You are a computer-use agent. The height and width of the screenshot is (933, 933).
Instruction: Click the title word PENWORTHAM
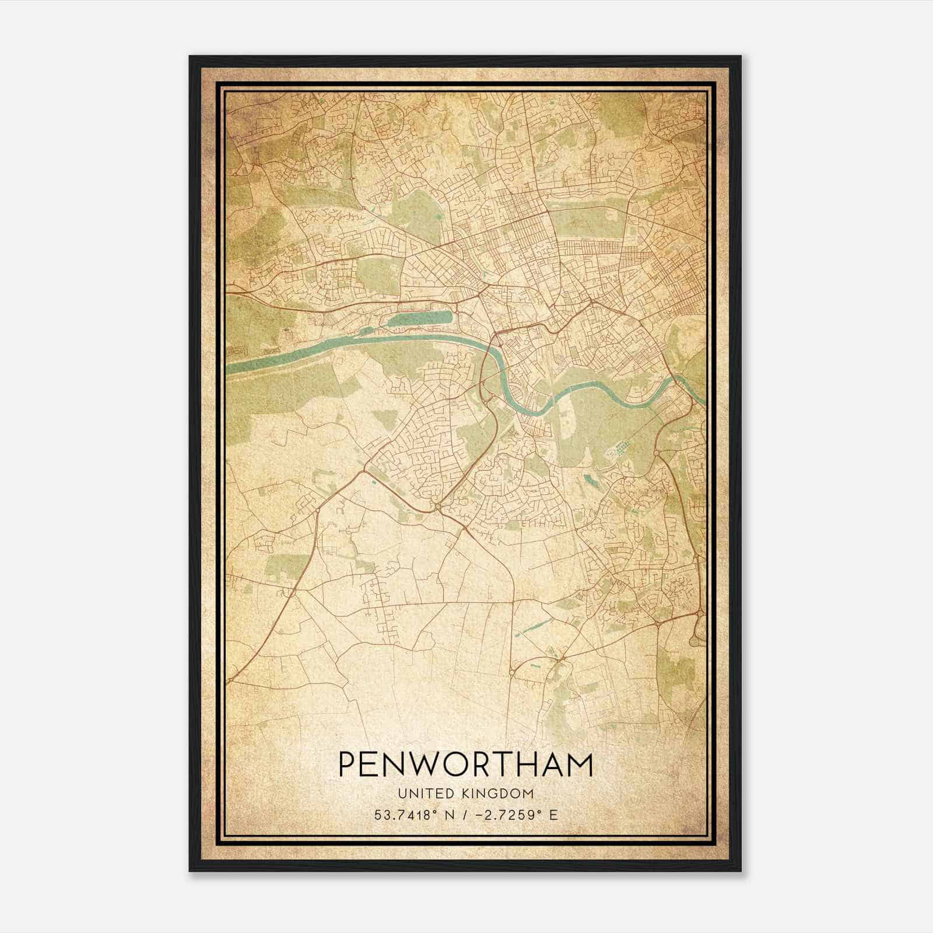coord(465,764)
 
